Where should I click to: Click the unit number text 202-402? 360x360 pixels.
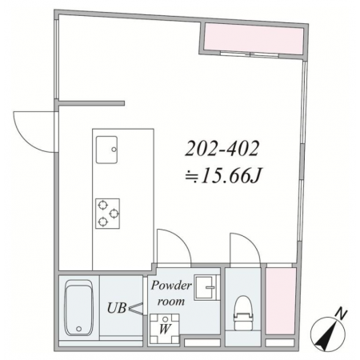coord(222,149)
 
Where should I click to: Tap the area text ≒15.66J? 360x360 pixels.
coord(224,176)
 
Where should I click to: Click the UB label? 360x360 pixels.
coord(117,308)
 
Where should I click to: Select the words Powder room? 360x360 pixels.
coord(171,294)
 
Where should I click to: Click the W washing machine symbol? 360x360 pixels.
coord(165,329)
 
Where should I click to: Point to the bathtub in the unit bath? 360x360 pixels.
coord(79,308)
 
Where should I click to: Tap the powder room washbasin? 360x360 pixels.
coord(205,287)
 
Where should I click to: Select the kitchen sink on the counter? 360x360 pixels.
coord(106,150)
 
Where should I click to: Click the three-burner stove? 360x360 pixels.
coord(107,214)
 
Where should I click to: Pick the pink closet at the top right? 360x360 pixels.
coord(254,39)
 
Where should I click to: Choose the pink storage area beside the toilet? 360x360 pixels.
coord(281,301)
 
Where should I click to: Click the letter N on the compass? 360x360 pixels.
coord(341,314)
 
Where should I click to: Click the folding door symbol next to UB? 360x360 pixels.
coord(136,308)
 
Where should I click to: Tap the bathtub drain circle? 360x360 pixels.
coord(78,329)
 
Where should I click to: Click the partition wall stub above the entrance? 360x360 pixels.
coord(91,103)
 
